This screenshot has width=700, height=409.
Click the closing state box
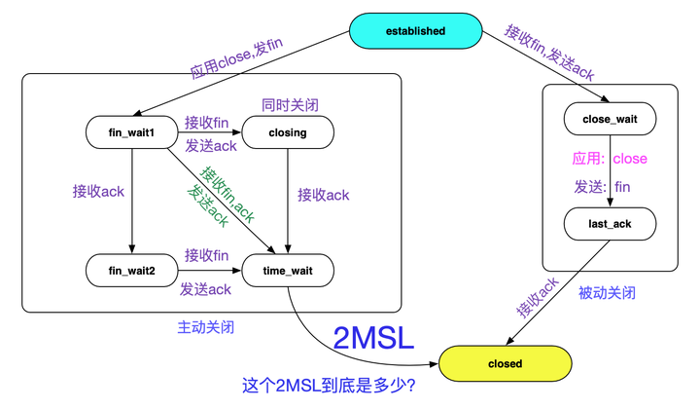coord(288,132)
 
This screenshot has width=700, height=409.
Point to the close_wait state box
coord(609,120)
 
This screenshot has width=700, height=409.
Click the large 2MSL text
coord(373,337)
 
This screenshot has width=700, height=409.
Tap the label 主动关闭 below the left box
coord(206,326)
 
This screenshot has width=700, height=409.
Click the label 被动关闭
coord(607,291)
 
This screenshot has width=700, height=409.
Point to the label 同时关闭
coord(289,103)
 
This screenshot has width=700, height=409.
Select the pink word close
coord(630,159)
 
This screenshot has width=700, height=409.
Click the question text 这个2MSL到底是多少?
coord(330,386)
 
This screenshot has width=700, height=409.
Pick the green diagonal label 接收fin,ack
coord(225,189)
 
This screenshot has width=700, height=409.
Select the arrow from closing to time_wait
coord(288,200)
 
